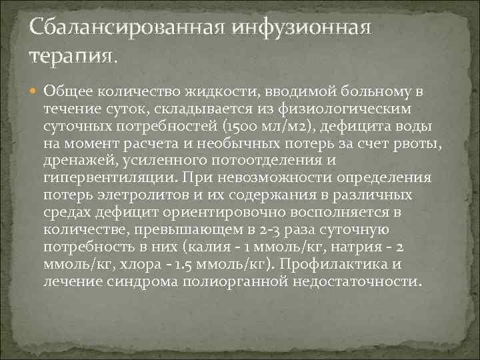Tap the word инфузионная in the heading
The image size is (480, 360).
[300, 29]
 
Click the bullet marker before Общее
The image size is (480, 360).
[35, 91]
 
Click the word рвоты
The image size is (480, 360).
[419, 143]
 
